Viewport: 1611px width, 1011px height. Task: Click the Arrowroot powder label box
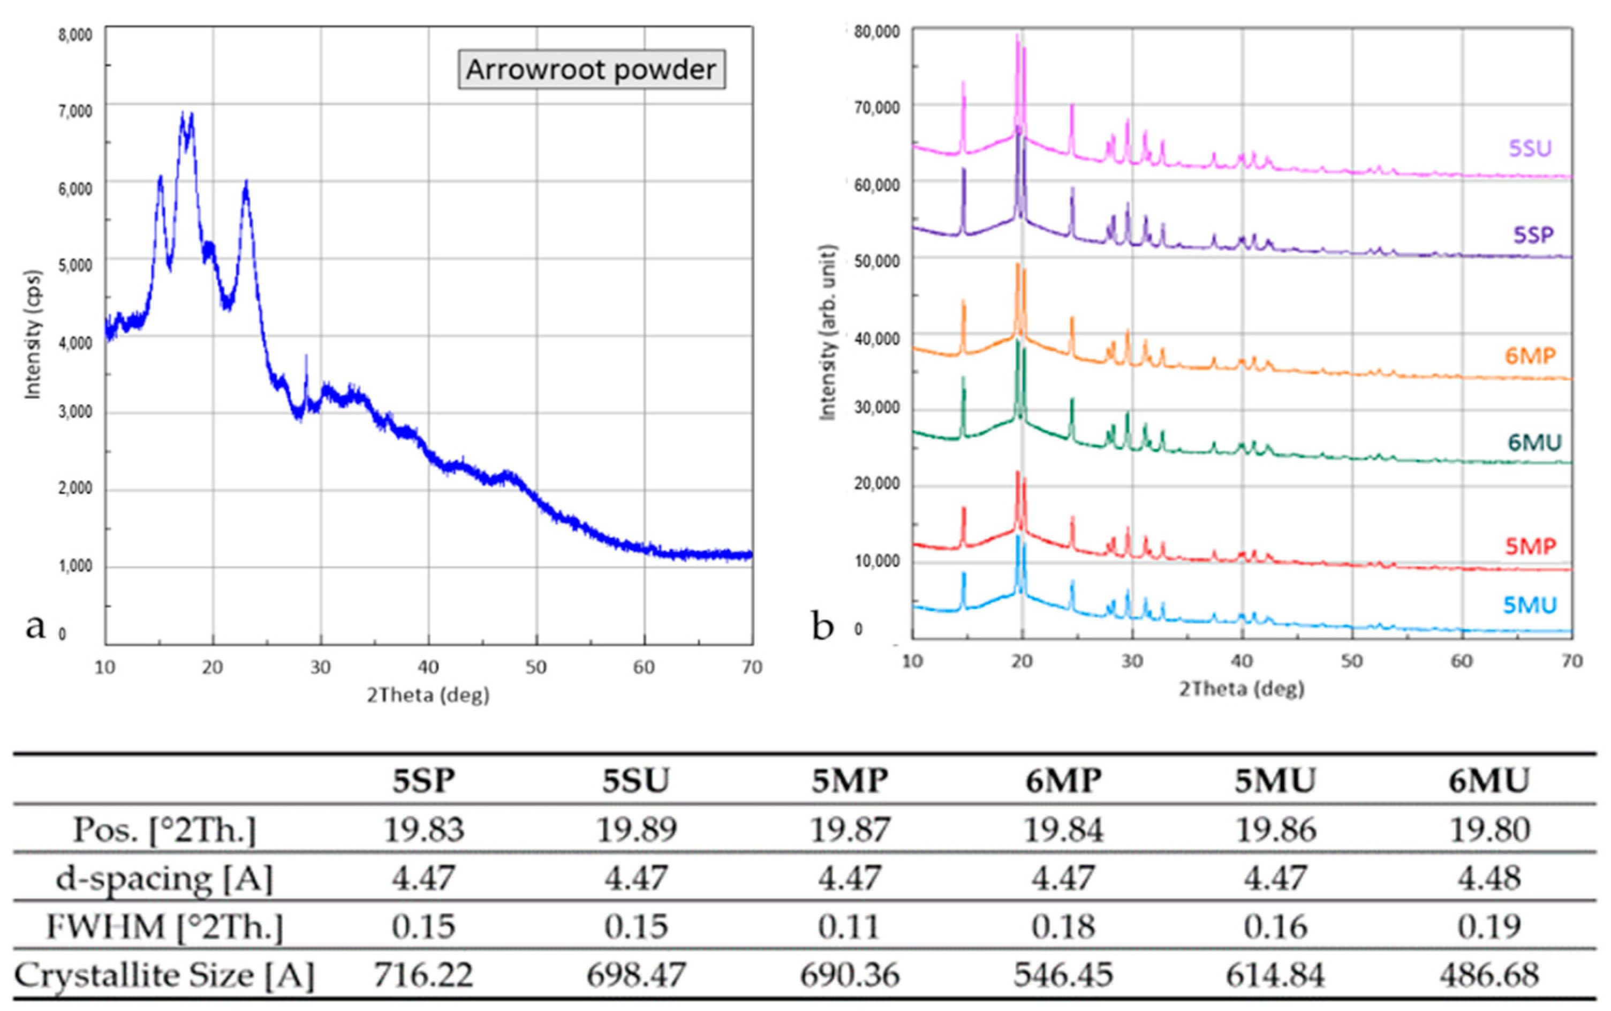tap(591, 70)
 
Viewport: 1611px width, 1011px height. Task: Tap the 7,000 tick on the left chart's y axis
tap(75, 111)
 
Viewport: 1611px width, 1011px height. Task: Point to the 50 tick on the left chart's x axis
tap(535, 667)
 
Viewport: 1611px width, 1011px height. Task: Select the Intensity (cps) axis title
tap(32, 334)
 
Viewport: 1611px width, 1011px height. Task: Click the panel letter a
tap(35, 626)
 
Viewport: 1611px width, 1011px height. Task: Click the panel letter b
tap(822, 626)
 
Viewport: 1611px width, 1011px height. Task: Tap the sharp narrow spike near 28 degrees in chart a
tap(306, 365)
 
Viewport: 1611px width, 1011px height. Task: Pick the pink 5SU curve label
tap(1530, 148)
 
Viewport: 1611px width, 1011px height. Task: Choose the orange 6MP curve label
tap(1530, 355)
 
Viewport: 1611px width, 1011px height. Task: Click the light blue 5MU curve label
tap(1530, 605)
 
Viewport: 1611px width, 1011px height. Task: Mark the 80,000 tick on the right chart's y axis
tap(876, 32)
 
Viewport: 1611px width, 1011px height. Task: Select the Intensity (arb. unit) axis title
tap(828, 333)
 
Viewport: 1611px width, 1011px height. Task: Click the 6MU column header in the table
tap(1489, 780)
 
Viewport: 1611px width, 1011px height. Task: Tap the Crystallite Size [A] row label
tap(164, 975)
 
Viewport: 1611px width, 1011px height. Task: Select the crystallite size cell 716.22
tap(423, 975)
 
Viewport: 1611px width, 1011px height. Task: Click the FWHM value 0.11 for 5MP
tap(849, 926)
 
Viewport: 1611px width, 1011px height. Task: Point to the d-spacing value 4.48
tap(1489, 877)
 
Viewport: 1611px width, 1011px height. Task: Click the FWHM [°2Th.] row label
tap(164, 926)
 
